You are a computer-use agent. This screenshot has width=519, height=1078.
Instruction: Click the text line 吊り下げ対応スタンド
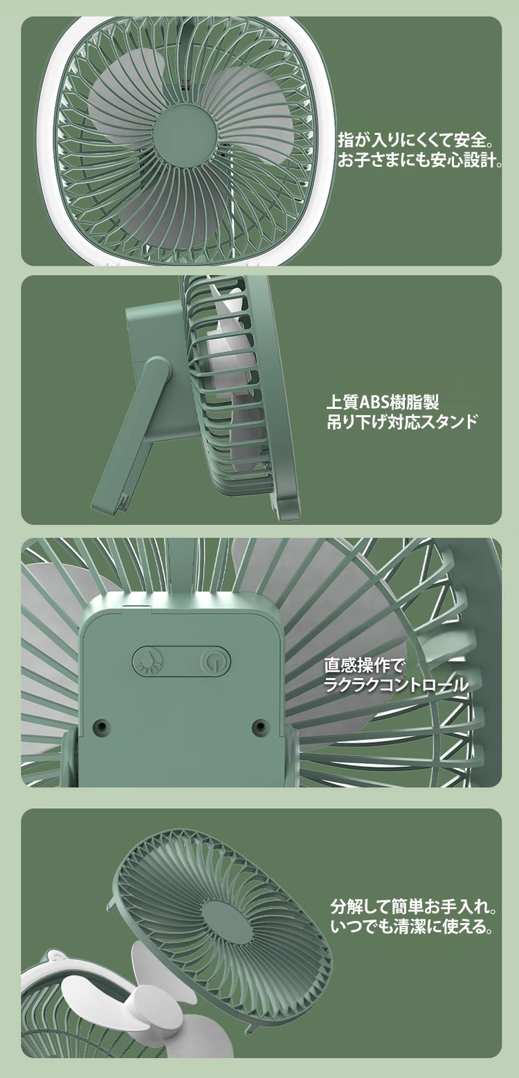point(403,421)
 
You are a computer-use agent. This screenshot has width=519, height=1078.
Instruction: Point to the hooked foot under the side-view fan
point(286,508)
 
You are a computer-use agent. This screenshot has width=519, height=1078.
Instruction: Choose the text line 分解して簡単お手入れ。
point(414,907)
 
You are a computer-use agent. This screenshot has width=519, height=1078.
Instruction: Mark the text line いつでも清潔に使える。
point(412,926)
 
